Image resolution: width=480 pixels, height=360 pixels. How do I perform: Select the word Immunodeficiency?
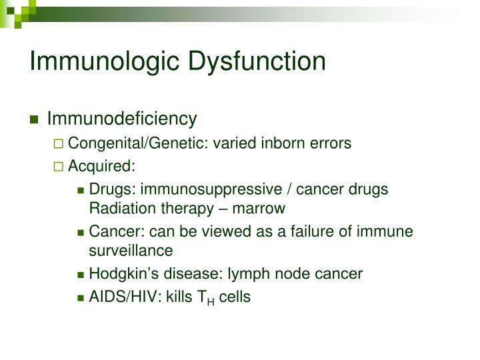[x=122, y=119]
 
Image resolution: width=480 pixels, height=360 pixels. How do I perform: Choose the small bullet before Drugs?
[x=81, y=190]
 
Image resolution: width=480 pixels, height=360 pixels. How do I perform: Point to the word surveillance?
[x=131, y=251]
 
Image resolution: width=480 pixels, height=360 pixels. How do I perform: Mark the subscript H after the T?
[x=211, y=301]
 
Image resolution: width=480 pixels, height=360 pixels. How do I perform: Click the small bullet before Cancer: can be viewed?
[x=81, y=233]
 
